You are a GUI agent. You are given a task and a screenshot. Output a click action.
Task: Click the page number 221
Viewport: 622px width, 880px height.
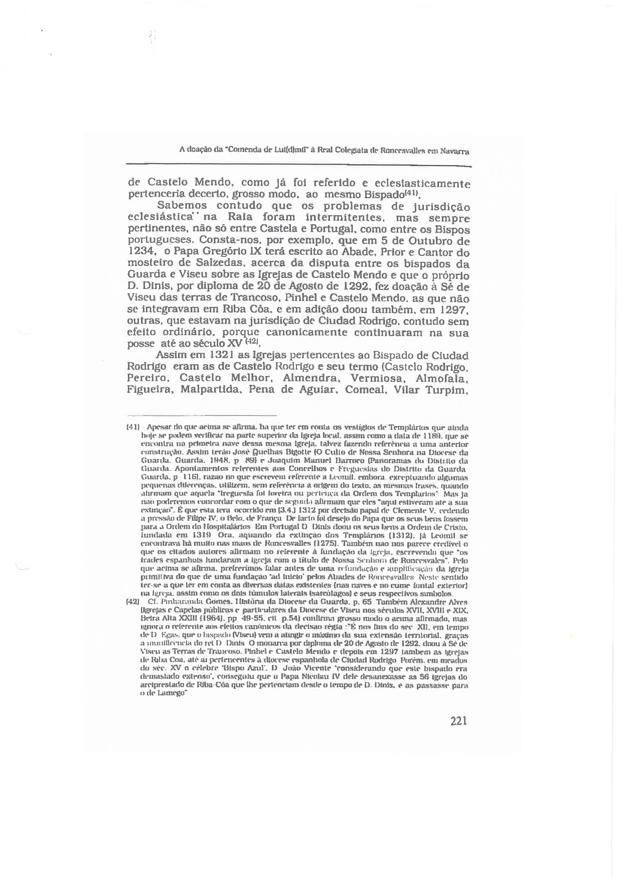pos(458,721)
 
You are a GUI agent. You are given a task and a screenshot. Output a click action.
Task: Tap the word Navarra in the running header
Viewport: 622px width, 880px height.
pos(455,151)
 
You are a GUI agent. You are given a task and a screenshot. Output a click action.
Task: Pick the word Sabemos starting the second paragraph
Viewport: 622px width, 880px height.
pos(182,206)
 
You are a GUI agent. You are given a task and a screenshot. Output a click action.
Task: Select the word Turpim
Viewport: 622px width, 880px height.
pos(447,390)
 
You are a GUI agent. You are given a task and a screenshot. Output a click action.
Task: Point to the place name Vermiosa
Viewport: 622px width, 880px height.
pos(377,378)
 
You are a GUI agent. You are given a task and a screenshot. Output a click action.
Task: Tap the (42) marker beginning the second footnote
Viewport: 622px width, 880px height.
pos(132,602)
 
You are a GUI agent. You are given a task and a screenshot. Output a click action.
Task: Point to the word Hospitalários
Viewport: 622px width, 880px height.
pos(225,527)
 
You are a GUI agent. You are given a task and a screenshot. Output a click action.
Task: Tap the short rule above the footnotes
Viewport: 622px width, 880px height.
pos(202,415)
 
